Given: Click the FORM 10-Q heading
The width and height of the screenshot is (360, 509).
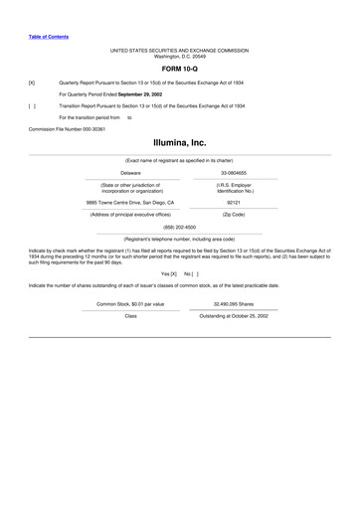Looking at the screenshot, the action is pos(179,69).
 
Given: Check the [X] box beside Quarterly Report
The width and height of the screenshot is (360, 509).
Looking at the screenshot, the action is pos(32,83).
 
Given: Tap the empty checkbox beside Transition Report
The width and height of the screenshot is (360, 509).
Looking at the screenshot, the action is pos(32,104).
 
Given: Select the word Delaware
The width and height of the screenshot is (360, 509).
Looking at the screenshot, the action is pos(129,173).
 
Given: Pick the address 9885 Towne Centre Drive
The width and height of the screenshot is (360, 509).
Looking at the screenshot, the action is pos(129,202).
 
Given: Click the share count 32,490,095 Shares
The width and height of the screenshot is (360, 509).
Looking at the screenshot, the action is pos(234,302).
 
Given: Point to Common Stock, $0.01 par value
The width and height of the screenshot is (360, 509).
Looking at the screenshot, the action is pos(130,302).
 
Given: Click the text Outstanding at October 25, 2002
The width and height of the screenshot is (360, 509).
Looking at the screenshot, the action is pos(234,315).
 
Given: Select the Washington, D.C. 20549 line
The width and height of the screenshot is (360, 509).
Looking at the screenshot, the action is pos(179,56).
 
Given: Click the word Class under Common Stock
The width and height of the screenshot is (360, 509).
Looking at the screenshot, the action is pos(130,315).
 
